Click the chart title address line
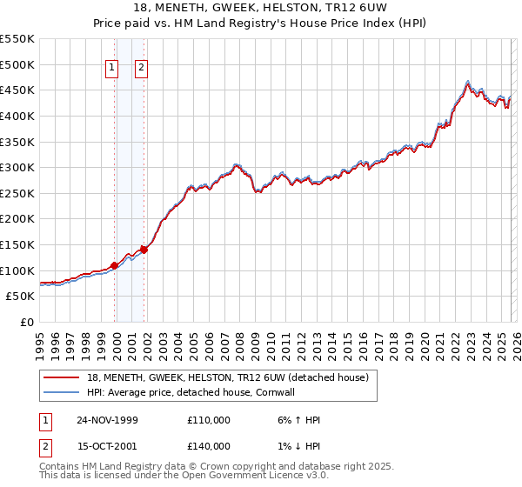(261, 8)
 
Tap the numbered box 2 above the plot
(142, 71)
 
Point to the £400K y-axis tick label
(17, 116)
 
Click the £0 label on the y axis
(28, 322)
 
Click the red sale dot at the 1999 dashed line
(115, 265)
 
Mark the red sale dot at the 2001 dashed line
(144, 250)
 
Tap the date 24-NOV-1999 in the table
(107, 420)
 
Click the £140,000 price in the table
(209, 446)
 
